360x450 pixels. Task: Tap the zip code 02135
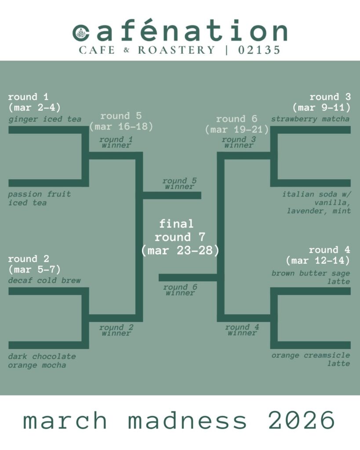(259, 50)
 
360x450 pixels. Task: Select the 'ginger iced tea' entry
(45, 119)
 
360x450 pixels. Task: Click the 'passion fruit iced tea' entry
(39, 198)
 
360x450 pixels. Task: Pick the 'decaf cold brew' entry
(44, 280)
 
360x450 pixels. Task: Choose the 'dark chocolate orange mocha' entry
(42, 360)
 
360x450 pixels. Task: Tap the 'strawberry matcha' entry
(310, 119)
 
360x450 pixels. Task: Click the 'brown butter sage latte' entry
(311, 277)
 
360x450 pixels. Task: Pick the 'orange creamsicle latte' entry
(311, 359)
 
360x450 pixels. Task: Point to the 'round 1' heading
(28, 97)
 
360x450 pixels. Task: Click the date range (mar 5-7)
(34, 269)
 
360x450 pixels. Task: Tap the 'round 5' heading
(121, 116)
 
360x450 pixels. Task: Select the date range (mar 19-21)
(237, 130)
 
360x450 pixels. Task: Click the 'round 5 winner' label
(179, 184)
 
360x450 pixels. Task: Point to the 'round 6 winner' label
(180, 290)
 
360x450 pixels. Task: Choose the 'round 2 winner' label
(116, 330)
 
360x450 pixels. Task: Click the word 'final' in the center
(176, 224)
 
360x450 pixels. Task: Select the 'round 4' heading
(329, 250)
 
